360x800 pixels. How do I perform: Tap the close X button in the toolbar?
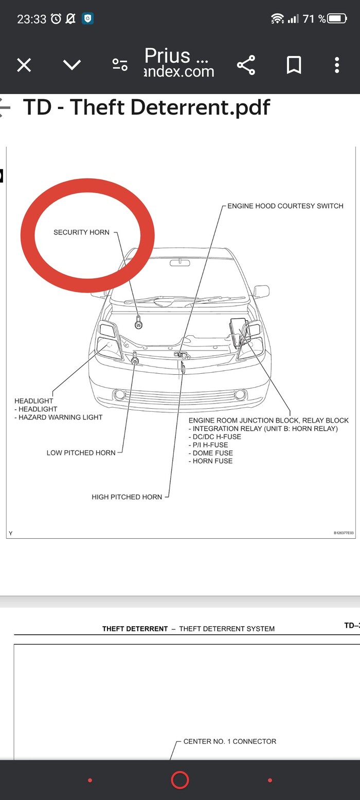24,65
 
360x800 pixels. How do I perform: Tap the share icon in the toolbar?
246,65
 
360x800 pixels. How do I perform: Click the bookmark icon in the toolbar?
294,65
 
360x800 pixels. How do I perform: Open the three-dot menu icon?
337,65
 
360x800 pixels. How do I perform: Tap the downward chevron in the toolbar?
72,65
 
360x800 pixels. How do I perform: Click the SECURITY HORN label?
81,232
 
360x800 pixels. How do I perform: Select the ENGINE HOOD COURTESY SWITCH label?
285,206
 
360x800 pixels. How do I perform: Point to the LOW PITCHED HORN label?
81,453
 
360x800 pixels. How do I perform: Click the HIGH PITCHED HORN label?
127,497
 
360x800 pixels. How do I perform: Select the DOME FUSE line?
212,453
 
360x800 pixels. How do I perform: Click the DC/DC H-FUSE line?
217,437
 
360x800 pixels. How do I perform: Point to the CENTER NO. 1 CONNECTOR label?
229,741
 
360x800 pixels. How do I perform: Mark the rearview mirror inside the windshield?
180,263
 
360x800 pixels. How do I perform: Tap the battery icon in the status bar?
337,19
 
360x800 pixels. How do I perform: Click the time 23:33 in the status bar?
31,19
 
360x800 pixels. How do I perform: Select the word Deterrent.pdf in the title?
200,107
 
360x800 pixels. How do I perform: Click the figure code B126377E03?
344,533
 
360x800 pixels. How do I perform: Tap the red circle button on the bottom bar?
180,780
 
